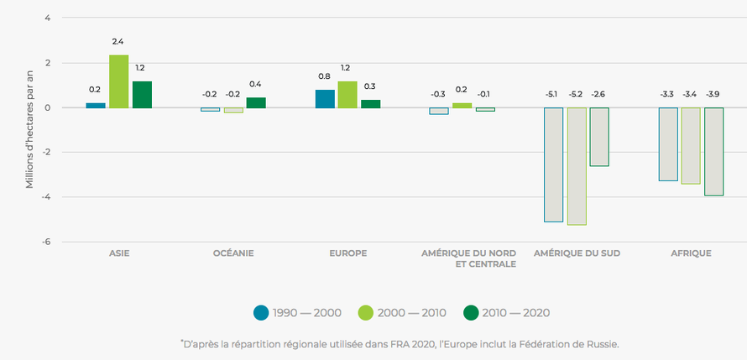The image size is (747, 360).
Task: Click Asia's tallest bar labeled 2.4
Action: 118,81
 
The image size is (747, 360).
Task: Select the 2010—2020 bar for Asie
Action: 142,95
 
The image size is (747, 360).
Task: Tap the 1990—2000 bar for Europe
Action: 325,99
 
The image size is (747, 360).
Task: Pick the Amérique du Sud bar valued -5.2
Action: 577,166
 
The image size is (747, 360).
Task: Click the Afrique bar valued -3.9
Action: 713,151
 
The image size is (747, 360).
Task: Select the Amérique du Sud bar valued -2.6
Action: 599,137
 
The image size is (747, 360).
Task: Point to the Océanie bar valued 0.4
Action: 255,102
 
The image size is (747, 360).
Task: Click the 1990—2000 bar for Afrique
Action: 668,144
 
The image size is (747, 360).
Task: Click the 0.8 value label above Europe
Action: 324,76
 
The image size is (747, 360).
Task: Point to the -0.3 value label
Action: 438,94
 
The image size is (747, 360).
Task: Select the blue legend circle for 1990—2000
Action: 261,313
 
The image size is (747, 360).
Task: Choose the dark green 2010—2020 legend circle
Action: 470,313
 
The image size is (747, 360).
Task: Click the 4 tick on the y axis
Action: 48,18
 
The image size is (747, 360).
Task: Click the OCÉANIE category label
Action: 232,253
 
